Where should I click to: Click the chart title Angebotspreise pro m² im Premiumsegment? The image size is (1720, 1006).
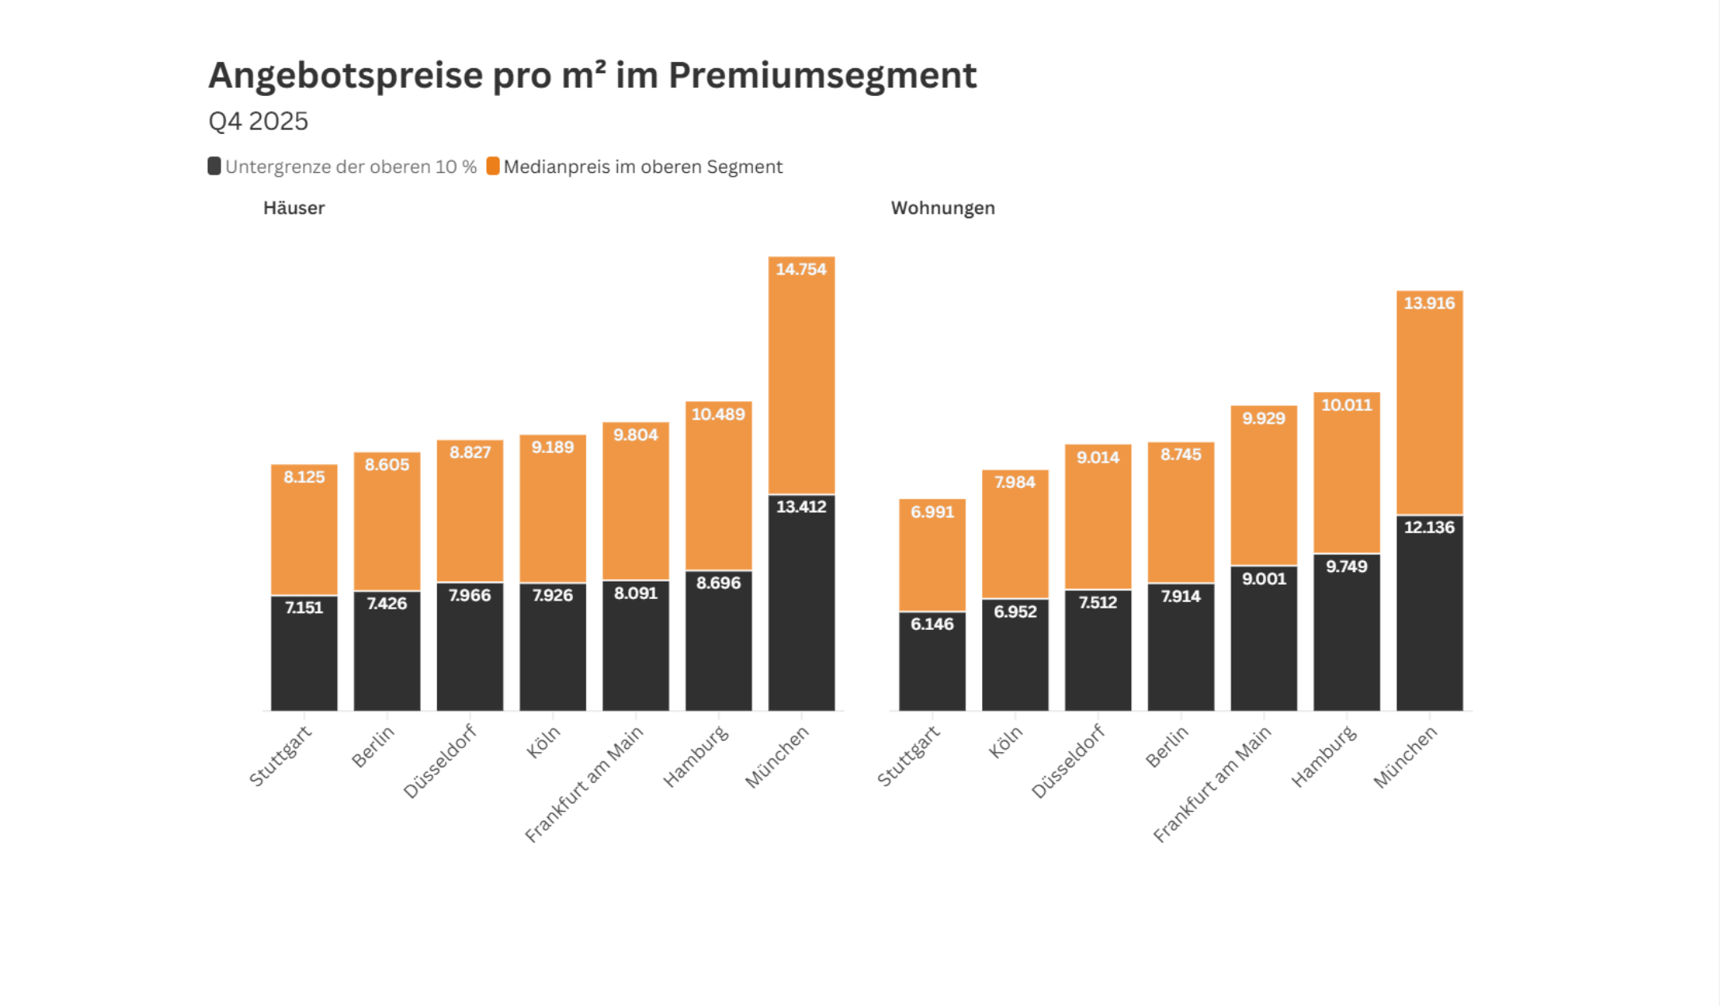coord(592,76)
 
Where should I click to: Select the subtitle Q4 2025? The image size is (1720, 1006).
coord(258,121)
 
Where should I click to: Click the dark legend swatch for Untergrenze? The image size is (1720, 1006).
coord(214,166)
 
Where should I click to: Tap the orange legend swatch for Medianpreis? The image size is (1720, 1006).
coord(493,166)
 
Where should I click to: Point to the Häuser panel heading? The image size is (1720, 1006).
coord(294,208)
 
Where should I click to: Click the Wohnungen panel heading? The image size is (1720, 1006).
coord(943,208)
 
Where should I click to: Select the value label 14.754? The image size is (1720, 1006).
coord(800,269)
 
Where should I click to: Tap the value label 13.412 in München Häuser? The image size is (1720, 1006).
coord(800,506)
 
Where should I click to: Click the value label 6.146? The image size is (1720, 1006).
coord(931,624)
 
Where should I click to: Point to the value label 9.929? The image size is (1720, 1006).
coord(1263,418)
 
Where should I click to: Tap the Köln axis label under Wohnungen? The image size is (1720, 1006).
coord(1006,743)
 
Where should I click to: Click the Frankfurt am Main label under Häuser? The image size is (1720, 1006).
coord(585,784)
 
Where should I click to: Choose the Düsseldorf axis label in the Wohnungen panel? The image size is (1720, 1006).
coord(1068,761)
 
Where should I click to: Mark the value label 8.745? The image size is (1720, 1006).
coord(1181,455)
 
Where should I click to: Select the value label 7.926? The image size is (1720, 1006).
coord(552,595)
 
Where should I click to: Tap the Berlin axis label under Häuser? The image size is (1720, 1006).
coord(373,747)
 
